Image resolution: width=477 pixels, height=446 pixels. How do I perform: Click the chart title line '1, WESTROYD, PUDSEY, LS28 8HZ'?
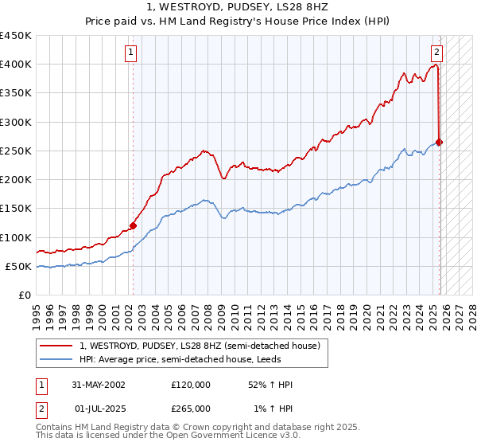pyautogui.click(x=238, y=6)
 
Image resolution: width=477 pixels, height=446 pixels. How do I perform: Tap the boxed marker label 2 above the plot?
pyautogui.click(x=436, y=53)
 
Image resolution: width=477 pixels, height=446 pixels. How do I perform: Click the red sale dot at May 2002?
pyautogui.click(x=133, y=225)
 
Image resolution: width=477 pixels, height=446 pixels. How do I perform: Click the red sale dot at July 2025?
pyautogui.click(x=440, y=143)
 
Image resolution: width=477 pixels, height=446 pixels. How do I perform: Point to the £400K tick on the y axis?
pyautogui.click(x=16, y=65)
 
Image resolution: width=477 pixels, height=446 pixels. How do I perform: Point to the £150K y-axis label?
pyautogui.click(x=16, y=209)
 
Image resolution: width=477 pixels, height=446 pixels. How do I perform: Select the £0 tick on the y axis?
pyautogui.click(x=25, y=295)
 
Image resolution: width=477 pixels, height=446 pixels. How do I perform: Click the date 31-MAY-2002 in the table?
pyautogui.click(x=99, y=385)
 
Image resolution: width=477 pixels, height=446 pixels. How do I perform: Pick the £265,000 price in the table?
pyautogui.click(x=191, y=408)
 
